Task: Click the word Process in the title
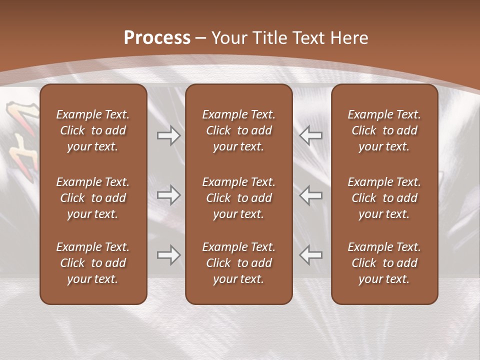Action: tap(157, 38)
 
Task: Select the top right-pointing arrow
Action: tap(168, 136)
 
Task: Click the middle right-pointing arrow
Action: tap(168, 195)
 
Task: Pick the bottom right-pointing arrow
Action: tap(168, 255)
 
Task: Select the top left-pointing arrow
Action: tap(311, 136)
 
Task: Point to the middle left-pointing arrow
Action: tap(311, 195)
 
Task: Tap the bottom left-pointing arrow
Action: tap(311, 255)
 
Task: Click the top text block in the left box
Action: tap(93, 130)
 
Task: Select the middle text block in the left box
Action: tap(93, 198)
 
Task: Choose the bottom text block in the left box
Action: tap(93, 263)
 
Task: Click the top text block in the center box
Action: tap(238, 130)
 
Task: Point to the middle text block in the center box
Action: tap(238, 198)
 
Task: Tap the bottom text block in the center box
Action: tap(238, 263)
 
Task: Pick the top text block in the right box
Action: tap(384, 130)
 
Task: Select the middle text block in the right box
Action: tap(384, 198)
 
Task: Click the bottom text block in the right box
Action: tap(384, 263)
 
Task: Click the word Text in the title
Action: tap(306, 38)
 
